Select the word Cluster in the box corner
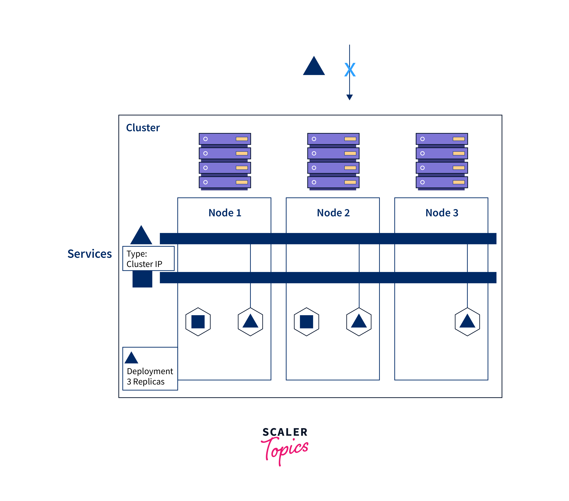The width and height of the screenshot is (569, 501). coord(143,128)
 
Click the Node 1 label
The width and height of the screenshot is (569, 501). coord(225,213)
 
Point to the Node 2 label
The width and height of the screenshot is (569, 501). coord(333,213)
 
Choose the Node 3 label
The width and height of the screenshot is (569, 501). coord(442,213)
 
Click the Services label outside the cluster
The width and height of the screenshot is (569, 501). coord(90,254)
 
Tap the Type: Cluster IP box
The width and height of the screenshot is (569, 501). coord(148,258)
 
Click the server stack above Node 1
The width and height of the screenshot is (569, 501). coord(225,161)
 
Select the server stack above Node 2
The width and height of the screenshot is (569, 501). coord(333,161)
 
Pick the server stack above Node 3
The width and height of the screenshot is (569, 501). coord(442,161)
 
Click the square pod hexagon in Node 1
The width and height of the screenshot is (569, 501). coord(198,322)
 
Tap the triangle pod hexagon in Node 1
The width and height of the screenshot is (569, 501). coord(250,322)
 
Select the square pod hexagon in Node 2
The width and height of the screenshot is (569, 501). coord(307,322)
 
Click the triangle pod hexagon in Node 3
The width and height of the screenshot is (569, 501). coord(467,322)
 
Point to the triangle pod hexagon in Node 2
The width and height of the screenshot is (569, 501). coord(359,322)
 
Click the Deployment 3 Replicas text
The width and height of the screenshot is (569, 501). coord(150,376)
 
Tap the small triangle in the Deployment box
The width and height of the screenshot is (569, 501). coord(131,358)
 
